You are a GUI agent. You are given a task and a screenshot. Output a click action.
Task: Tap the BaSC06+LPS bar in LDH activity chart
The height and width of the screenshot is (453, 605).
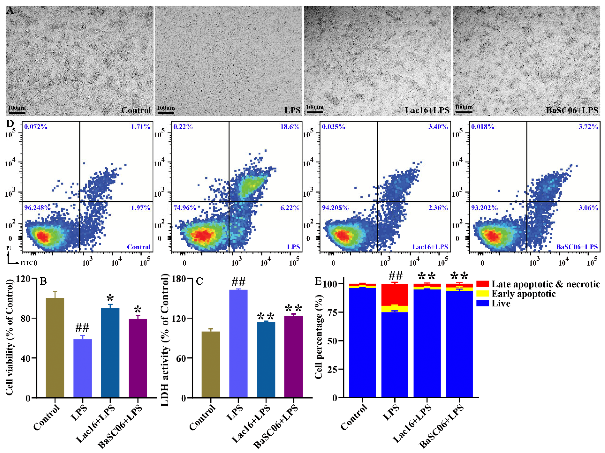294,356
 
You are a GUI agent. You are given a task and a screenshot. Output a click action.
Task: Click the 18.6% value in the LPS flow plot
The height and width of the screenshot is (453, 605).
290,127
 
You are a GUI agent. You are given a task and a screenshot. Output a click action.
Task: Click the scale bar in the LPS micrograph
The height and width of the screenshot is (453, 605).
166,112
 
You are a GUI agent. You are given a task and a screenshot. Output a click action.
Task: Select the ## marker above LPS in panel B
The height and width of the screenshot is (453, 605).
82,327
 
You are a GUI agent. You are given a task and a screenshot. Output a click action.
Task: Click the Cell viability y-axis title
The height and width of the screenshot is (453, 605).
9,338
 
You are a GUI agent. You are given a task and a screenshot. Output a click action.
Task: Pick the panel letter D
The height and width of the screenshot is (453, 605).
10,124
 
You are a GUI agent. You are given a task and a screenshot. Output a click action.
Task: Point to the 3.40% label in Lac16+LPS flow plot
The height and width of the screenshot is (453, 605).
438,127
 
